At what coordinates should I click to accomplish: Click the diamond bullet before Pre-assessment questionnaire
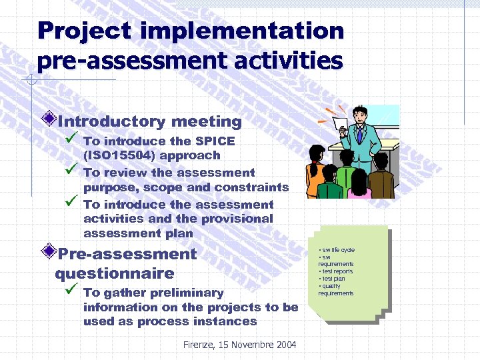click(49, 253)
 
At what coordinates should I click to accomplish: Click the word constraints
click(252, 187)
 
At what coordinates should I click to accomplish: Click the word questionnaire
click(114, 273)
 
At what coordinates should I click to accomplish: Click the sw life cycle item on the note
click(337, 250)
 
